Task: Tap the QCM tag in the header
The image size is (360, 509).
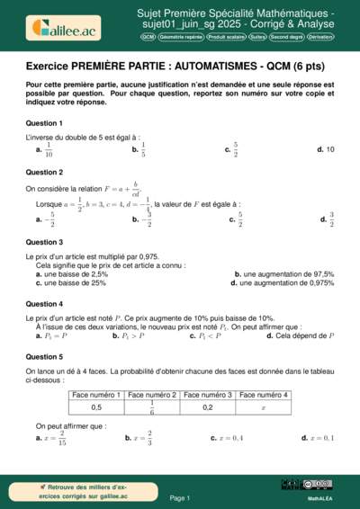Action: (148, 38)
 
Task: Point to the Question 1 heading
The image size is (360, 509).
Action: (44, 122)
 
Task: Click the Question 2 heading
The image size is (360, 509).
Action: (44, 172)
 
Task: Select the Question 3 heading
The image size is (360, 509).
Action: (44, 242)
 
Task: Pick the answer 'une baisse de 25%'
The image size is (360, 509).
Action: (71, 282)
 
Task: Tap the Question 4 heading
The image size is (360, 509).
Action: (44, 304)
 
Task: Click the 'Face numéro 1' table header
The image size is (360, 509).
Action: (96, 395)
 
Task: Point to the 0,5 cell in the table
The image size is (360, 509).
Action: (96, 407)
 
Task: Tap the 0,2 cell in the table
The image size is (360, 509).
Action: (208, 407)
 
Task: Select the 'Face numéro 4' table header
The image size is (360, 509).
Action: (263, 395)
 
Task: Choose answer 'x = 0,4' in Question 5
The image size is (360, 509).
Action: (227, 438)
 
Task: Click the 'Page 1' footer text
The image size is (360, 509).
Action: (180, 497)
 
